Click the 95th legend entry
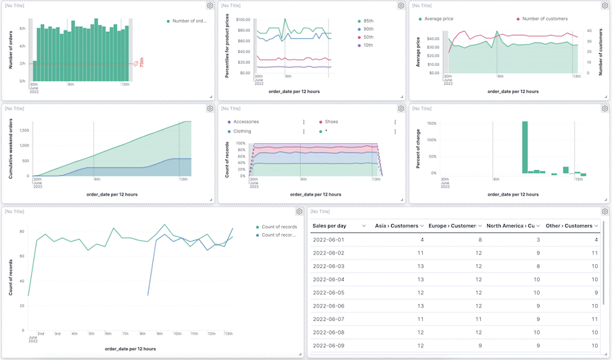coord(368,21)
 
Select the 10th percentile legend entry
coord(368,45)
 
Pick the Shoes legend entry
coord(331,122)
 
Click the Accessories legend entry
coord(246,122)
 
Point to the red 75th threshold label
coord(141,63)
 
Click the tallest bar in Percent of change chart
coord(525,147)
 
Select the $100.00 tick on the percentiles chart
coord(243,20)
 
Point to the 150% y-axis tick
coord(431,123)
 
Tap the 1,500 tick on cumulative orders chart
coord(23,130)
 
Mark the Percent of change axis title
coord(419,150)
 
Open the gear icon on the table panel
coord(604,211)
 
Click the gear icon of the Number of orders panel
coord(210,6)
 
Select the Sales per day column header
coord(329,225)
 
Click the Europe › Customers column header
coord(451,225)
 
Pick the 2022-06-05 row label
coord(329,293)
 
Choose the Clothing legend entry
coord(242,131)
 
